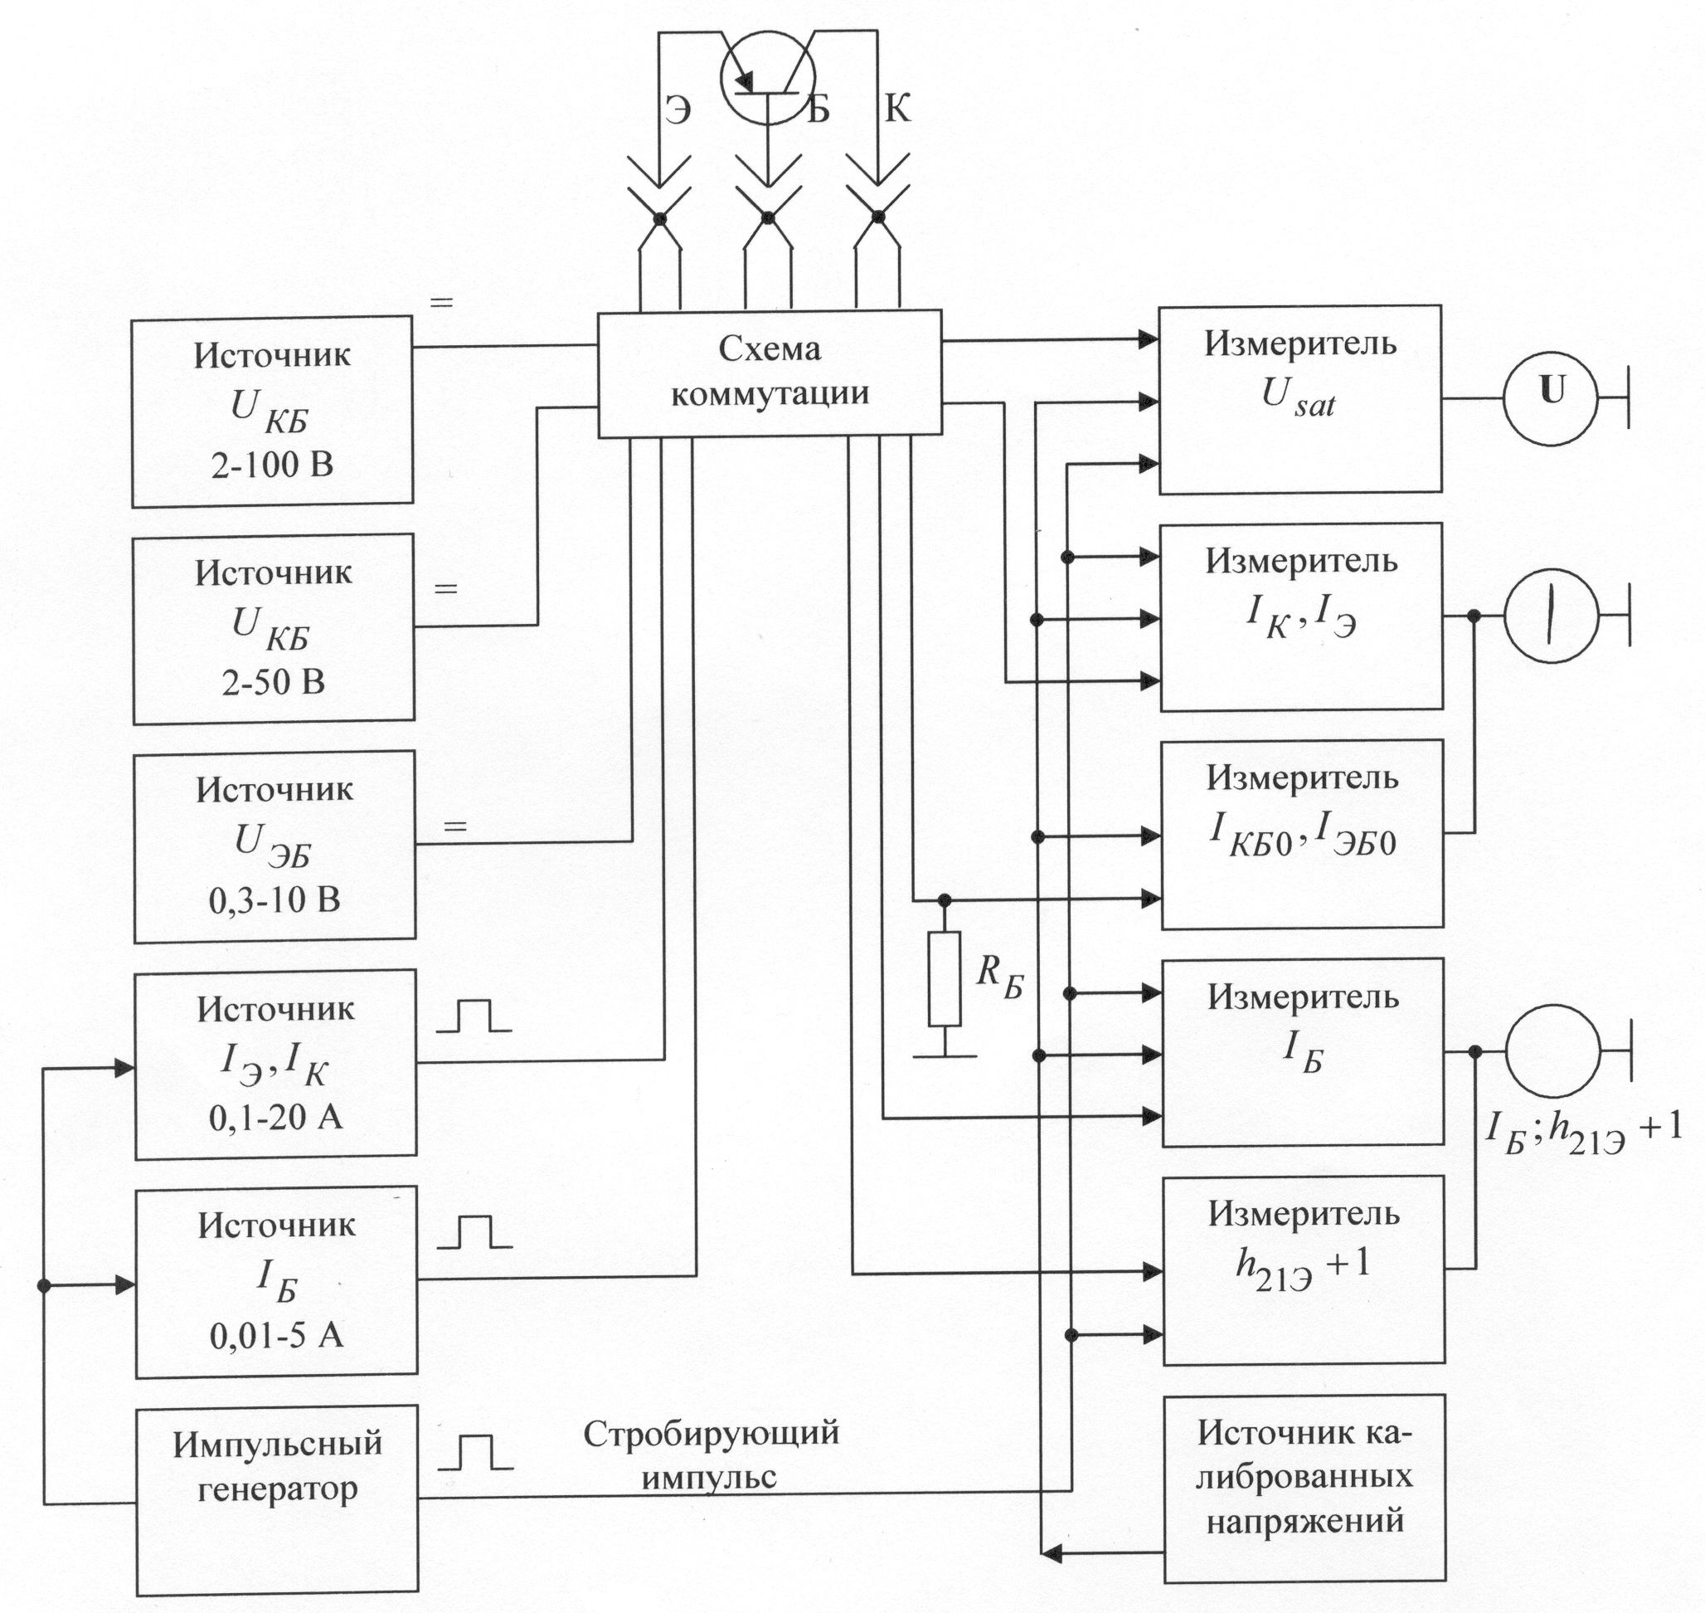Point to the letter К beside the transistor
click(x=897, y=110)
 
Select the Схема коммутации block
click(x=769, y=373)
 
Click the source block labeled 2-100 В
click(x=273, y=411)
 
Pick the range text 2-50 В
click(x=274, y=682)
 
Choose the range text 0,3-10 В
click(x=275, y=900)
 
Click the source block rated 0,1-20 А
click(x=276, y=1065)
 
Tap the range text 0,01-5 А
click(x=277, y=1335)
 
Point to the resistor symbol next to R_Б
click(x=945, y=980)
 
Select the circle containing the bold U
click(x=1549, y=398)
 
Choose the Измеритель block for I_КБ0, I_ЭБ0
click(x=1302, y=834)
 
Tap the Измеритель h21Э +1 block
click(x=1304, y=1269)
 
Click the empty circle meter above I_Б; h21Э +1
click(x=1553, y=1050)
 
